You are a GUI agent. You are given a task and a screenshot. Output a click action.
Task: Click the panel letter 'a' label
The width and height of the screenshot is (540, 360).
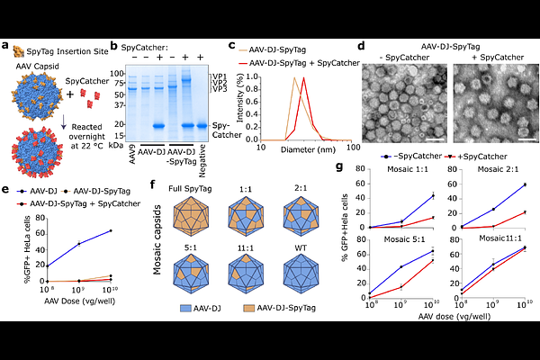tap(7, 46)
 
